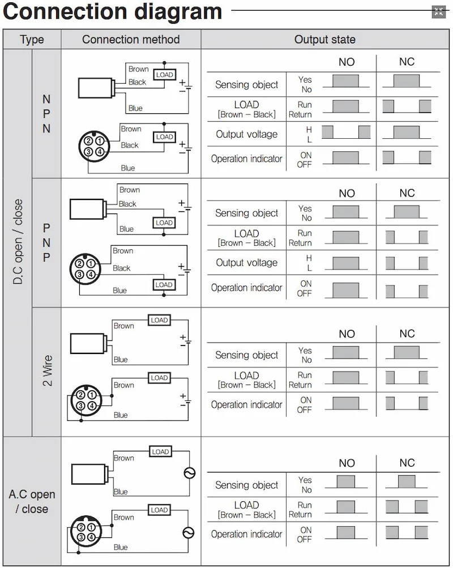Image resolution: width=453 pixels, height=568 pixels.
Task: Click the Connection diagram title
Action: tap(113, 11)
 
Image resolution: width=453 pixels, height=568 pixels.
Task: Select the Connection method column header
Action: tap(131, 40)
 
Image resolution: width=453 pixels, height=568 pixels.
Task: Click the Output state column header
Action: tap(325, 40)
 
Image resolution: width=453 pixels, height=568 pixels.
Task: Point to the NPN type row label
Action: tap(46, 114)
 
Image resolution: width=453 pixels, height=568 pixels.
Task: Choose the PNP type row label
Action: tap(46, 242)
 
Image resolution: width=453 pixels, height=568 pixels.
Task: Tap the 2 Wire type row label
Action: tap(47, 371)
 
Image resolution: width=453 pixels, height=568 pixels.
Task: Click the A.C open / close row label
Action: tap(32, 502)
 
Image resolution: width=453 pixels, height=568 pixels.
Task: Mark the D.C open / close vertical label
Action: tap(18, 242)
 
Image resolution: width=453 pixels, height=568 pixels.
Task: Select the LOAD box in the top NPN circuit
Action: tap(164, 75)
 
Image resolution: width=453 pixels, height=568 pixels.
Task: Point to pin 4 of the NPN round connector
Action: tap(99, 152)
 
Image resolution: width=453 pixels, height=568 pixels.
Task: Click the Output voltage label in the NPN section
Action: tap(246, 135)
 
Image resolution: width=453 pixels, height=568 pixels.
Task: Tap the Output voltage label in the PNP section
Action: tap(246, 263)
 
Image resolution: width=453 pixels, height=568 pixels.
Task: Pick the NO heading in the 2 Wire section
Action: tap(347, 334)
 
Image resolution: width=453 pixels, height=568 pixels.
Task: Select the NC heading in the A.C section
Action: tap(407, 463)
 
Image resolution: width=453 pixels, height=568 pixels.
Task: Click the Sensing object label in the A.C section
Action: tap(246, 485)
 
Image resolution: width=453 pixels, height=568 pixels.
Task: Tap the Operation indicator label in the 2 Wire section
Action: tap(246, 405)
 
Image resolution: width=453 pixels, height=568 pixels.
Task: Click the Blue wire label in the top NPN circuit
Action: tap(135, 108)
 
